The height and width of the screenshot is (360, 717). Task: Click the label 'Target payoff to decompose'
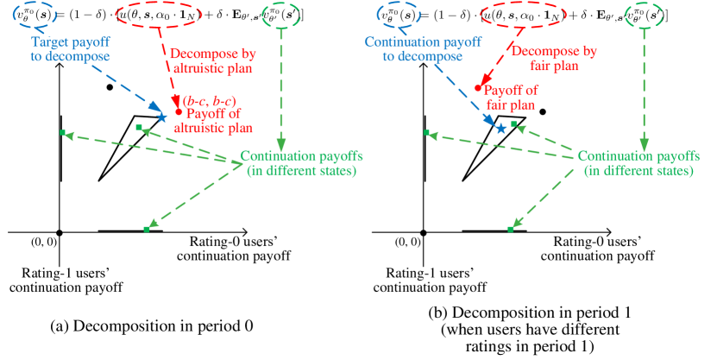point(71,49)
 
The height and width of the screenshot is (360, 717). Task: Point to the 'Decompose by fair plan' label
point(553,58)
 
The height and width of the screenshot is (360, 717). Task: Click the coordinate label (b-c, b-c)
point(209,101)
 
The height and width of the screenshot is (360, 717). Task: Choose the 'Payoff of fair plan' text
point(511,97)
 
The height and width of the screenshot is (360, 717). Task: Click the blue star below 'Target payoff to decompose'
point(161,117)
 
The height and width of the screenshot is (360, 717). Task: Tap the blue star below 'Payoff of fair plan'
point(500,128)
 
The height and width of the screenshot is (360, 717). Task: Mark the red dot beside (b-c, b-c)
point(179,111)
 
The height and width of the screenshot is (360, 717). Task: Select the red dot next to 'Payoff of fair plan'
point(477,87)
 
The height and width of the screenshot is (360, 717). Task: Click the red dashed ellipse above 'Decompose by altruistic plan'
point(159,15)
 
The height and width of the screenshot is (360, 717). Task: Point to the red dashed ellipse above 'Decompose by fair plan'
point(522,15)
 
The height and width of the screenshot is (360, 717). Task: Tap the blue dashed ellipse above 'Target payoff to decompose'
point(35,13)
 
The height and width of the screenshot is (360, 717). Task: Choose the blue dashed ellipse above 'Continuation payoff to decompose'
point(399,13)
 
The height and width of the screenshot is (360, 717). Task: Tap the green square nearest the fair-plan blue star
point(513,124)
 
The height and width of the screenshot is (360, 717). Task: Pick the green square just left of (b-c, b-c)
point(139,128)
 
